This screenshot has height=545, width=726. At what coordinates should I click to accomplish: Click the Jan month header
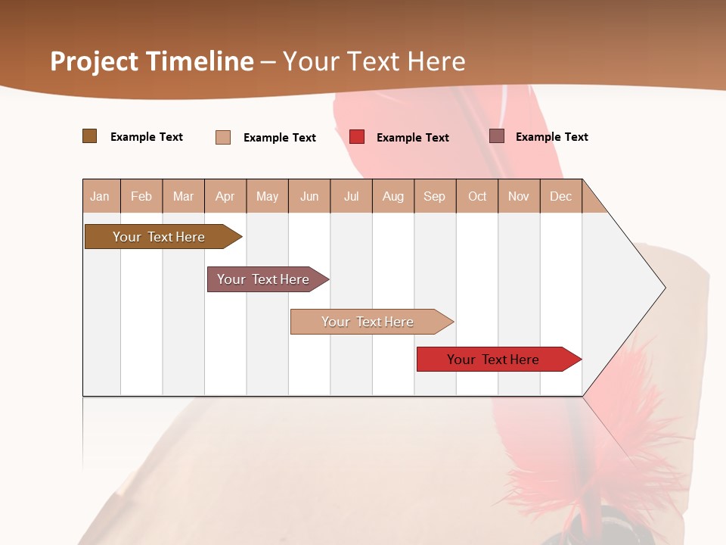[x=101, y=196]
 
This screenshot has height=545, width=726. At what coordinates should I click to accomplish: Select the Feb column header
[x=141, y=196]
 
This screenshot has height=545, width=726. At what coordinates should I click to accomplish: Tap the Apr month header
[x=225, y=196]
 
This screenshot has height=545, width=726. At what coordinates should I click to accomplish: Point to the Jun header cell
[x=309, y=196]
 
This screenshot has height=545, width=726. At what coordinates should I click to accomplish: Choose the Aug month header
[x=393, y=196]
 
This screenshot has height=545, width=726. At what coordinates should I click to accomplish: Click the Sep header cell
[x=435, y=196]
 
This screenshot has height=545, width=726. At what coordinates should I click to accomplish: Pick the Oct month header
[x=477, y=196]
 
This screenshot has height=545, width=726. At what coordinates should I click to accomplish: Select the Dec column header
[x=561, y=196]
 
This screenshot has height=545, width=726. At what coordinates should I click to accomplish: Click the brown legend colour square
[x=90, y=136]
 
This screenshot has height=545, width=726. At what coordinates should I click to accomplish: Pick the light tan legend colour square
[x=223, y=137]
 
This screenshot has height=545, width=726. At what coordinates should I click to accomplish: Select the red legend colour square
[x=357, y=137]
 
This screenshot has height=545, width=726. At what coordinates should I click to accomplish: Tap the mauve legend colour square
[x=497, y=136]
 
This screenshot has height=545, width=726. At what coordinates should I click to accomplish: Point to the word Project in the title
[x=94, y=61]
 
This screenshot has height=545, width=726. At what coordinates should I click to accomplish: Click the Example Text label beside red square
[x=413, y=138]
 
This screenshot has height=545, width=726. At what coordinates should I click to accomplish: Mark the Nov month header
[x=519, y=196]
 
